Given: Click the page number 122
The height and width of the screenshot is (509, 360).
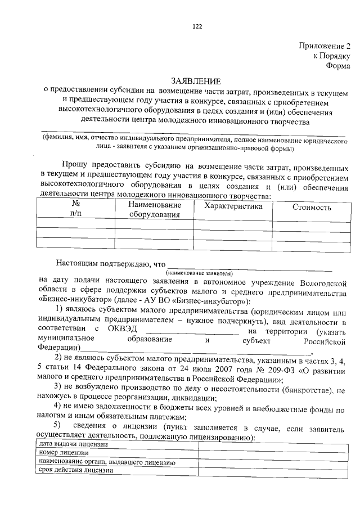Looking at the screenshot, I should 196,26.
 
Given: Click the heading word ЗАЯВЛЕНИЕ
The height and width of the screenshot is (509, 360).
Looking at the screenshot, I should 196,82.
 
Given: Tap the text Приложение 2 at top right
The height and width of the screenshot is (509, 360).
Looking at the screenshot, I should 325,46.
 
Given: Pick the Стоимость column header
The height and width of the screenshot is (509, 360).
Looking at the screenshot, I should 312,208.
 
